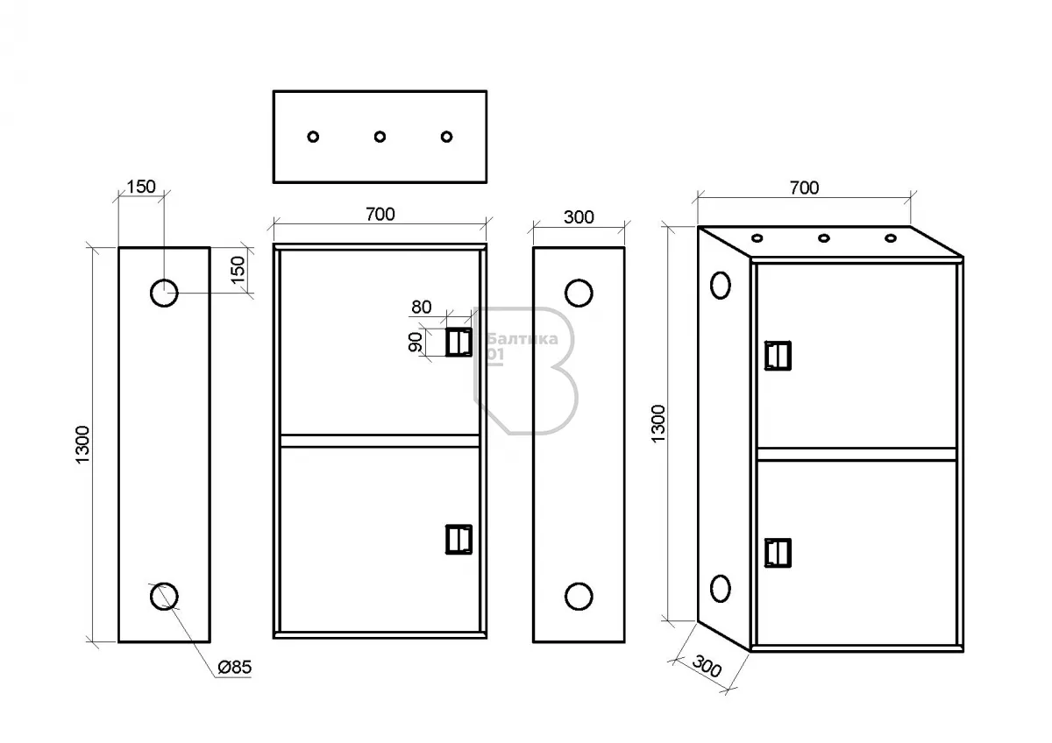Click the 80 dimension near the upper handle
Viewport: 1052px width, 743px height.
[x=422, y=308]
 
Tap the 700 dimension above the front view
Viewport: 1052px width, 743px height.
[x=380, y=214]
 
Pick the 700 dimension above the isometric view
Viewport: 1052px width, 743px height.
[x=804, y=188]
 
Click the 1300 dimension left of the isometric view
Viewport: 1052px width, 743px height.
[x=658, y=423]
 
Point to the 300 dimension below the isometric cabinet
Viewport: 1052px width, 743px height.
[x=707, y=670]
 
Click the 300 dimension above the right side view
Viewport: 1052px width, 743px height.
[x=578, y=216]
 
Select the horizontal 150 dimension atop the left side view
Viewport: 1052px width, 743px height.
[x=140, y=187]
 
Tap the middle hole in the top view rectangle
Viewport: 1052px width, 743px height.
[x=380, y=137]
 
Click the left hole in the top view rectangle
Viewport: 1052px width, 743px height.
[x=313, y=137]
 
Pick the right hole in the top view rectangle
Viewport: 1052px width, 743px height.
[x=446, y=137]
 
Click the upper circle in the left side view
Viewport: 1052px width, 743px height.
[x=163, y=293]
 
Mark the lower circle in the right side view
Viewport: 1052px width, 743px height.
[x=578, y=596]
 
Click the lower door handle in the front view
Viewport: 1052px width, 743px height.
[x=458, y=540]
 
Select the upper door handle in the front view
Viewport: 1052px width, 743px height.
[x=458, y=342]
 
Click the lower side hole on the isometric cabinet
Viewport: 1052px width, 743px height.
[x=720, y=589]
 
